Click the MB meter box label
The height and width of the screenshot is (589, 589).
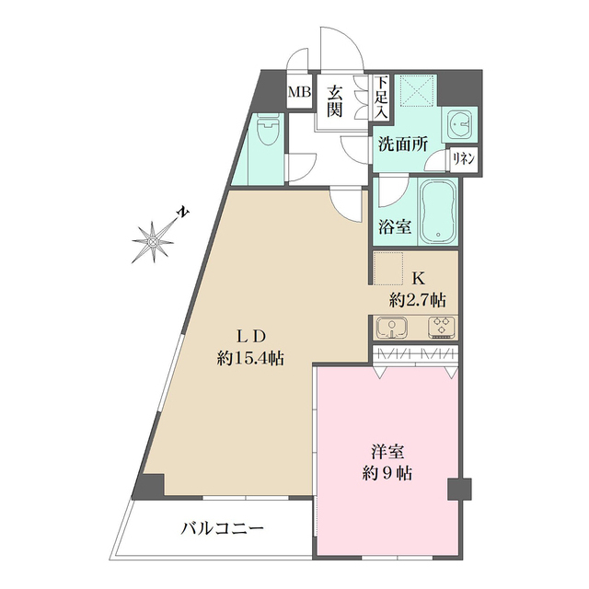(300, 92)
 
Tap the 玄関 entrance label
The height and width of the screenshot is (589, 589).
(335, 101)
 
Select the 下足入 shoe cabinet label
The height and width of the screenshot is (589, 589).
(381, 97)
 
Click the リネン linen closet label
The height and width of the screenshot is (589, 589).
(462, 158)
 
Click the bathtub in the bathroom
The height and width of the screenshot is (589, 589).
(438, 213)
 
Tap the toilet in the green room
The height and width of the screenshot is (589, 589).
(266, 135)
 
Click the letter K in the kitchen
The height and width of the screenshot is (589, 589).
(417, 278)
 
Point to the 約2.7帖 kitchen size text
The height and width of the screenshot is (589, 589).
(418, 299)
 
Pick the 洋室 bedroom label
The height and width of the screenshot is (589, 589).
(386, 454)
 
